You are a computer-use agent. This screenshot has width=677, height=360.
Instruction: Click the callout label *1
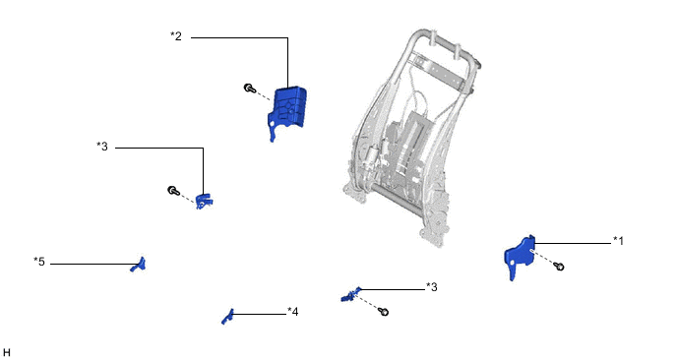pos(618,241)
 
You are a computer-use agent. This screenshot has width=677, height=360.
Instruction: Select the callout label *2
pos(176,36)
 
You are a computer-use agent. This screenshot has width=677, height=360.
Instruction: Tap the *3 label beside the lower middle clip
pos(432,287)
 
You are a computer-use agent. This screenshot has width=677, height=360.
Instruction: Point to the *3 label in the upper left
pos(102,147)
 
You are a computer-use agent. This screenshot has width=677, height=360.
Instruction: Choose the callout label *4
pos(292,312)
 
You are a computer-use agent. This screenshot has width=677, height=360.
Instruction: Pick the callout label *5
pos(39,262)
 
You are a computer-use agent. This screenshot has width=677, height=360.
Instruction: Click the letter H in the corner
pos(7,353)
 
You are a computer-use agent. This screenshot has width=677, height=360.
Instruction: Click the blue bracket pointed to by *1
pos(520,256)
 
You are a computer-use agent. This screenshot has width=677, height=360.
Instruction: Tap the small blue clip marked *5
pos(139,265)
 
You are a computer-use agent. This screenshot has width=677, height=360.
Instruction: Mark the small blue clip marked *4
pos(228,317)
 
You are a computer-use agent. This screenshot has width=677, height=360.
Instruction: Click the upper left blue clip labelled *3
pos(204,202)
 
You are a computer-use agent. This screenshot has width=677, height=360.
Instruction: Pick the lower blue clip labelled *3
pos(350,294)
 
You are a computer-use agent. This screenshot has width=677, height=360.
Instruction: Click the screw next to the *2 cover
pos(250,89)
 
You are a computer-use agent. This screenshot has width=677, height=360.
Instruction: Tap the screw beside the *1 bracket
pos(559,267)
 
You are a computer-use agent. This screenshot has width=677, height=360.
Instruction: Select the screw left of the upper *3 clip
pos(173,191)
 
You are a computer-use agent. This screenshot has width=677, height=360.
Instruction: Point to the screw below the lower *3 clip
pos(383,311)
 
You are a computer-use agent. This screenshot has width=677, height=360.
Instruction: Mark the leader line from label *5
pos(93,264)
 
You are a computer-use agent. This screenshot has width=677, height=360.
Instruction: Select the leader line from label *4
pos(259,314)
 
